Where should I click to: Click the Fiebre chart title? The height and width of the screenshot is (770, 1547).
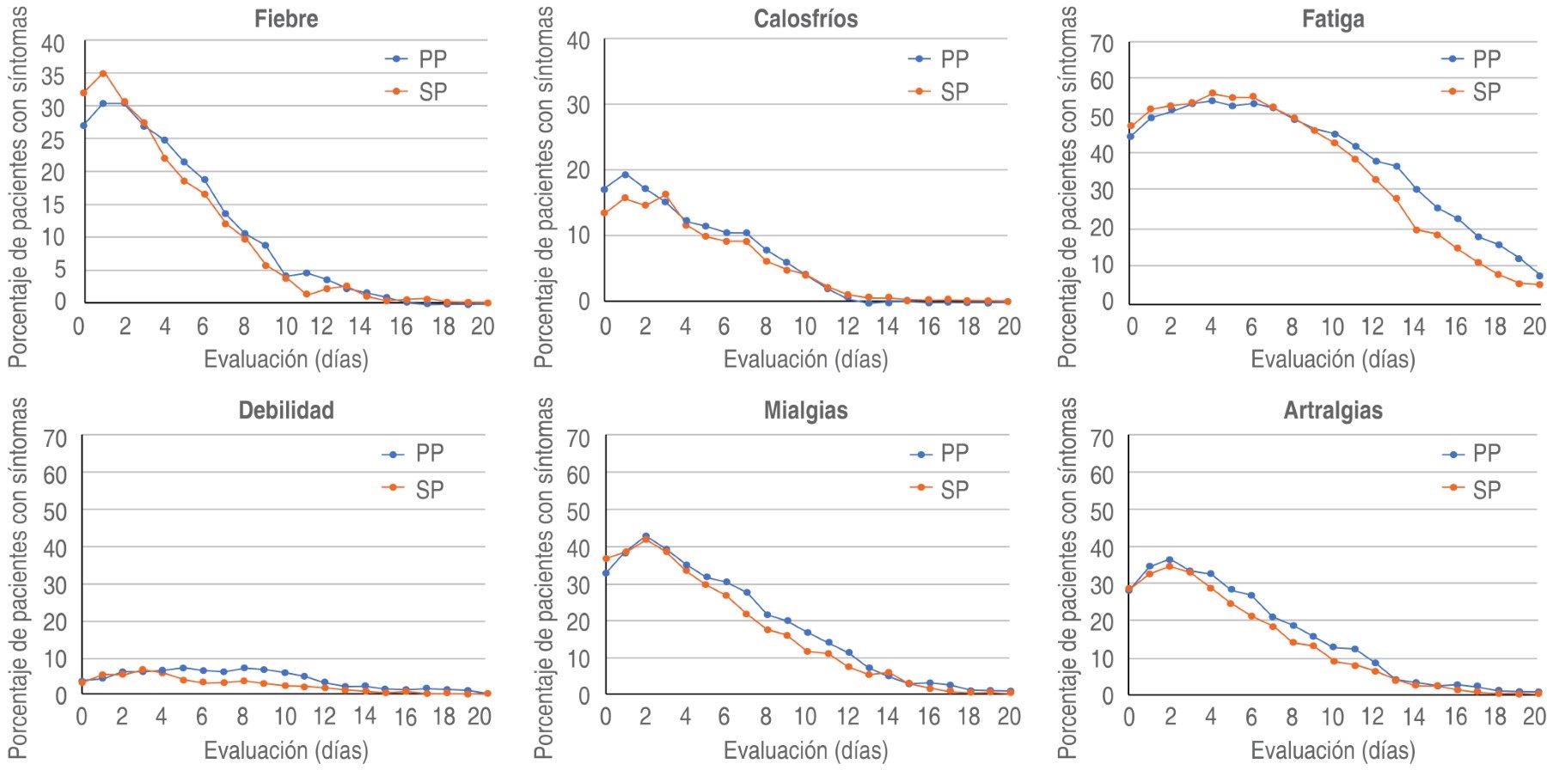point(286,19)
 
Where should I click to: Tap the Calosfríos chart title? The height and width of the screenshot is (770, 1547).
point(805,19)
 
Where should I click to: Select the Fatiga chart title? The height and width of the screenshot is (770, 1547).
point(1333,19)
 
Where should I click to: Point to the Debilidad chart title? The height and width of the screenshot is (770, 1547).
point(286,410)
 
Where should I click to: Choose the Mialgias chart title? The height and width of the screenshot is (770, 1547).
point(805,410)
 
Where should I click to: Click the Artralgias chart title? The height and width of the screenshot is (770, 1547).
point(1333,410)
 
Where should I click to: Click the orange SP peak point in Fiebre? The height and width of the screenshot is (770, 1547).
point(103,74)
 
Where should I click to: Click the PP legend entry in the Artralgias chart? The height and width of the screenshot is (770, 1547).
point(1472,453)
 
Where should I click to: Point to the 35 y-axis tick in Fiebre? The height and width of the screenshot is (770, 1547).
point(53,76)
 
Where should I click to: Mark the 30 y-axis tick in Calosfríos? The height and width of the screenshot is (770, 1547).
point(578,105)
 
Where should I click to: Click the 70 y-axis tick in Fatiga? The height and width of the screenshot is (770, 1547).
point(1102,43)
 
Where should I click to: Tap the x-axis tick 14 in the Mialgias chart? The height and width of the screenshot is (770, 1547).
point(887,716)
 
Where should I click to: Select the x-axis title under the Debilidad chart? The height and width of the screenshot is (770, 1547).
point(286,750)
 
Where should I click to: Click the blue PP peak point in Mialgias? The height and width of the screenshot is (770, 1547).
point(645,536)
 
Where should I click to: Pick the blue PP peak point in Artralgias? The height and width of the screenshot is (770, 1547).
point(1169,559)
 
